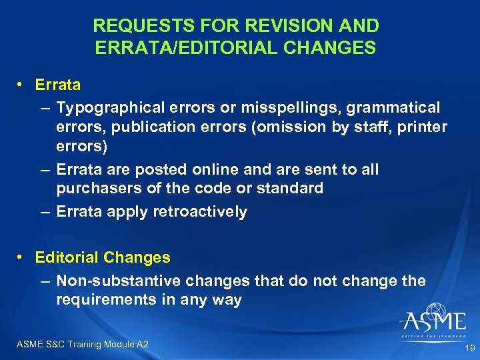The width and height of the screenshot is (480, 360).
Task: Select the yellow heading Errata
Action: pyautogui.click(x=58, y=85)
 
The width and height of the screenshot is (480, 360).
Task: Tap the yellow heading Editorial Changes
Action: pyautogui.click(x=103, y=257)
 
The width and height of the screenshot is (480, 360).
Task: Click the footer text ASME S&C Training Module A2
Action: pyautogui.click(x=81, y=344)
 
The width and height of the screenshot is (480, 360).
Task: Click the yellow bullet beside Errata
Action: pyautogui.click(x=22, y=85)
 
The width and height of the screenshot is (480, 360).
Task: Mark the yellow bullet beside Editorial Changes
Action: pyautogui.click(x=22, y=257)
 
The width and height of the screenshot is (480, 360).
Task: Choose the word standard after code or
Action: pyautogui.click(x=289, y=189)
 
